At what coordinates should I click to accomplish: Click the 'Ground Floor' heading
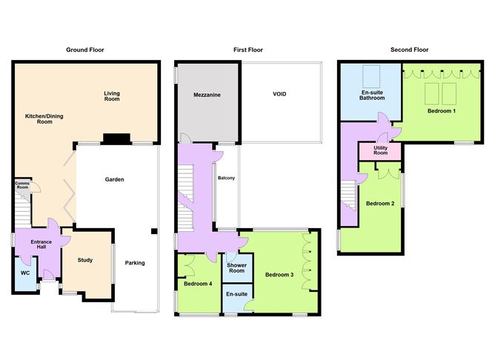click(85, 50)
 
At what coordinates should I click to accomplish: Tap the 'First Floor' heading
click(247, 50)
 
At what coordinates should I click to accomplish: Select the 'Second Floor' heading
click(410, 50)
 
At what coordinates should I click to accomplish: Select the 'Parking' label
click(135, 263)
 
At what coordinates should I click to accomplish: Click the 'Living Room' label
click(111, 96)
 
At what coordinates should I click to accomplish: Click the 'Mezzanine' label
click(207, 96)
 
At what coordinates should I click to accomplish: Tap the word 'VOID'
click(279, 94)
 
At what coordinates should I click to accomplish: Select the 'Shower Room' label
click(236, 267)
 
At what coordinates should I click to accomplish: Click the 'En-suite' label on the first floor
click(236, 295)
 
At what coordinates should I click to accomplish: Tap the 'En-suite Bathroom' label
click(372, 95)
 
